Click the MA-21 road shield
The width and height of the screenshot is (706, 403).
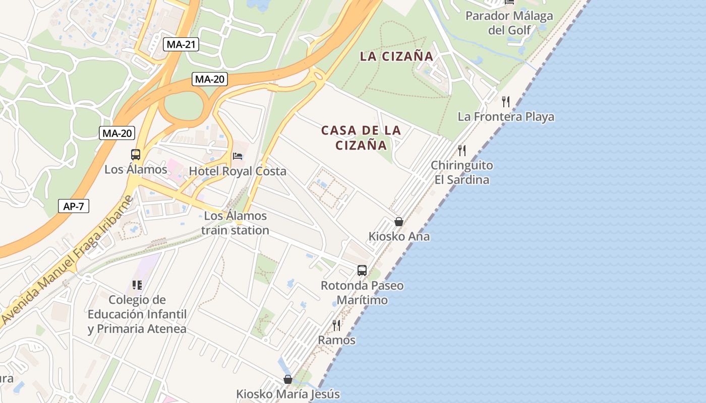pyautogui.click(x=182, y=44)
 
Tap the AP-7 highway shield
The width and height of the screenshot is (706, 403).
pyautogui.click(x=74, y=206)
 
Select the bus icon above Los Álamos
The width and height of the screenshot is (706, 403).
pyautogui.click(x=136, y=155)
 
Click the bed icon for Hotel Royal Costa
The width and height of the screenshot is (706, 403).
pyautogui.click(x=238, y=156)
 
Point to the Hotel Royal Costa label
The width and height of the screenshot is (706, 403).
pyautogui.click(x=238, y=171)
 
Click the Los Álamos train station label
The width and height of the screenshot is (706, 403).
pyautogui.click(x=236, y=223)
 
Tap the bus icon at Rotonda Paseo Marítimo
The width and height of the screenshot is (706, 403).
pyautogui.click(x=362, y=271)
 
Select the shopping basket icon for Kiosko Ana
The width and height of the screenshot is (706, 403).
pyautogui.click(x=399, y=222)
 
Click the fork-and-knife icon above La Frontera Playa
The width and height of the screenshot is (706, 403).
pyautogui.click(x=506, y=102)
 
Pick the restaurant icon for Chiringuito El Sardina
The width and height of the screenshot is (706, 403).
pyautogui.click(x=461, y=150)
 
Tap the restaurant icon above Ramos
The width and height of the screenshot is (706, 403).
pyautogui.click(x=336, y=325)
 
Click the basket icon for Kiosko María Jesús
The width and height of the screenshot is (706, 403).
pyautogui.click(x=288, y=379)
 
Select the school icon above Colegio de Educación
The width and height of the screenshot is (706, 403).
pyautogui.click(x=137, y=286)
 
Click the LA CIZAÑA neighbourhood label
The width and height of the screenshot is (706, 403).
pyautogui.click(x=397, y=56)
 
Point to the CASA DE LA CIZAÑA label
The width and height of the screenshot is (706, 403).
pyautogui.click(x=361, y=138)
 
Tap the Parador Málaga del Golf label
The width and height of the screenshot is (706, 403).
pyautogui.click(x=509, y=23)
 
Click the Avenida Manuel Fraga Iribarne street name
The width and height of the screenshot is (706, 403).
pyautogui.click(x=67, y=260)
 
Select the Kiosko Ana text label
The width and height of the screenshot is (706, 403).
pyautogui.click(x=399, y=236)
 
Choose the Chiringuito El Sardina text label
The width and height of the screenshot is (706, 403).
pyautogui.click(x=462, y=172)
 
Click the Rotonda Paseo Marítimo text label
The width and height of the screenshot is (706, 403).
pyautogui.click(x=362, y=293)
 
